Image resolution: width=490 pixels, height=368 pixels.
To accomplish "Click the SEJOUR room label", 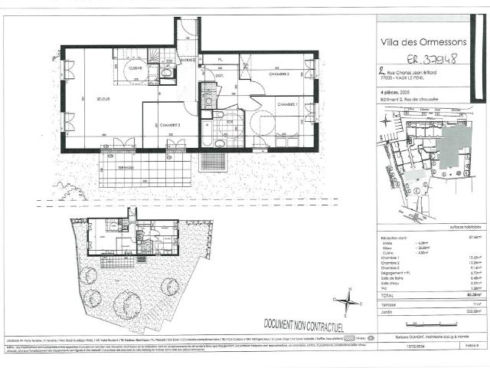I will (103, 100).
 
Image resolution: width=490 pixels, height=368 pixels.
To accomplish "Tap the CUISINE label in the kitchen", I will (135, 69).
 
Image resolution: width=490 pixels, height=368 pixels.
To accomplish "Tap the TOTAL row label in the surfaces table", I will (387, 294).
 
